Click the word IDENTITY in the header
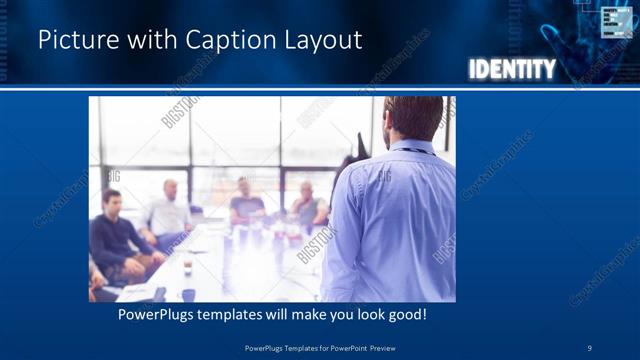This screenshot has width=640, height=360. [512, 69]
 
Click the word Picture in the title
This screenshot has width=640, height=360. [72, 40]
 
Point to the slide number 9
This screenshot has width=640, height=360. [590, 347]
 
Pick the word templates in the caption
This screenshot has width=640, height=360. [249, 315]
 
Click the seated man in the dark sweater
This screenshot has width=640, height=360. [116, 235]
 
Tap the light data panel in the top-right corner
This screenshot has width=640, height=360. [617, 21]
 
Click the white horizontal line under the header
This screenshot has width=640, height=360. [320, 89]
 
